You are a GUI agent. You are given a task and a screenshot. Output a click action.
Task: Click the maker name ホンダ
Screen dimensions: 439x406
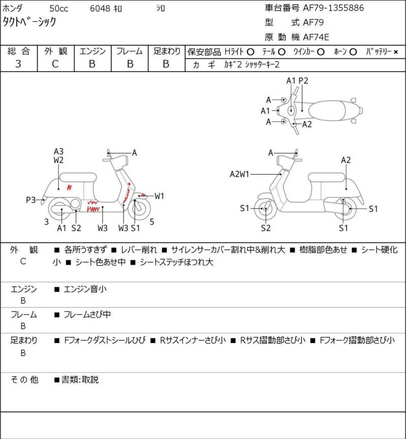point(14,9)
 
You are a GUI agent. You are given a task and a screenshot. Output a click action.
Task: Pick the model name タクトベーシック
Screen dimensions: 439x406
point(29,22)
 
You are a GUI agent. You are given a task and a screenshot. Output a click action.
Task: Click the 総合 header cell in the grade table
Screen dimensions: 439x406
point(18,51)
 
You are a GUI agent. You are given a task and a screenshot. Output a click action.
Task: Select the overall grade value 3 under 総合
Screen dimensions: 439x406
point(18,64)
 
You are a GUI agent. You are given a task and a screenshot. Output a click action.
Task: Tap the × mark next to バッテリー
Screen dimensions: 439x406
point(396,52)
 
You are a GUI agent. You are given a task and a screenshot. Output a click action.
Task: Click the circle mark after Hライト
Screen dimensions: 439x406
point(250,52)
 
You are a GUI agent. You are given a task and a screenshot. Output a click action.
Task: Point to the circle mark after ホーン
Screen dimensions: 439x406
point(353,52)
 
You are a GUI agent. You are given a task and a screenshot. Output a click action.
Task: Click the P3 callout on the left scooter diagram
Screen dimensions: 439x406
point(31,200)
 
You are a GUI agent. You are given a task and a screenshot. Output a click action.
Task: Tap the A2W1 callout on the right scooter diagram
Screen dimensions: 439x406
point(239,175)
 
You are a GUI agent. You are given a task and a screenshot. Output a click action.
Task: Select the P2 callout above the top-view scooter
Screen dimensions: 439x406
point(303,81)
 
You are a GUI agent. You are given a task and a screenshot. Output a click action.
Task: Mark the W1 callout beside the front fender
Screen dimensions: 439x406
point(159,196)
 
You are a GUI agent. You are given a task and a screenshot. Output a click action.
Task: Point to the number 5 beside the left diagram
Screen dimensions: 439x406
point(152,222)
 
